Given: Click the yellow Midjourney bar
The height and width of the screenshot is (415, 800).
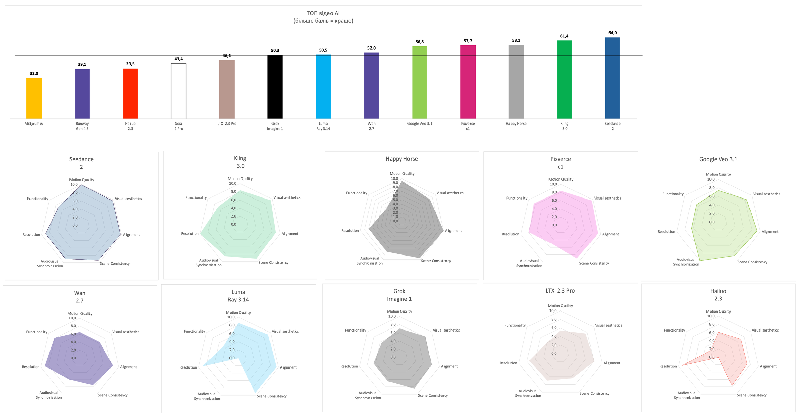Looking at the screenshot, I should [34, 98].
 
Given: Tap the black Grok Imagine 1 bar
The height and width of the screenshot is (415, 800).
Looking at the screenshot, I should [275, 87].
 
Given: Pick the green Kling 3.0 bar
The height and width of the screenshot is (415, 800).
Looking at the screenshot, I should [564, 79].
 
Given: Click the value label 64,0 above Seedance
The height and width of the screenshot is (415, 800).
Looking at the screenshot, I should [613, 33].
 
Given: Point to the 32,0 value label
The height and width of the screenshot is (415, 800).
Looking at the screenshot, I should [34, 74].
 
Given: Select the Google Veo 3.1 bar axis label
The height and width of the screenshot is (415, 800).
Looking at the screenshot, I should [420, 124].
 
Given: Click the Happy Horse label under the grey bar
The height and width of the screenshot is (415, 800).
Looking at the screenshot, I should [516, 124].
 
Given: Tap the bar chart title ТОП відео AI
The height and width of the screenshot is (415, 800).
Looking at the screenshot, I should [323, 13].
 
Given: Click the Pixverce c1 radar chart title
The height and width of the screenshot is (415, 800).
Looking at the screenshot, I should [560, 163].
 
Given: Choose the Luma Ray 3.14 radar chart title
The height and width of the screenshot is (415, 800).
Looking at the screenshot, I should [238, 296].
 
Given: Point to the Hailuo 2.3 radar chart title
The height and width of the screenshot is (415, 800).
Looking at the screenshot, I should [718, 295].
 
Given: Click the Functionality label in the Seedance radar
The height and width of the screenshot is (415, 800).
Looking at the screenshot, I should [38, 199].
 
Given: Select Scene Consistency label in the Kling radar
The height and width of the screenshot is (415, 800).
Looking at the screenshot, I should [273, 263].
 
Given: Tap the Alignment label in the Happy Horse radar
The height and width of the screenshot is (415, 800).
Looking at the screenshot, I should [453, 231].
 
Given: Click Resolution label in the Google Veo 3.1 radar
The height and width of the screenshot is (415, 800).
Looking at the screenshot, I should [666, 232].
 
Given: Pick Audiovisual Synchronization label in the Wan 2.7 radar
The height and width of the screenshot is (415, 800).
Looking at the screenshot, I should [49, 395].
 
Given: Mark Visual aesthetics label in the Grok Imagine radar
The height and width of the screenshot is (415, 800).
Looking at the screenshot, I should [446, 330].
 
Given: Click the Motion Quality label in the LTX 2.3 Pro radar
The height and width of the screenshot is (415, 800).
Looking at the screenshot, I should [560, 306].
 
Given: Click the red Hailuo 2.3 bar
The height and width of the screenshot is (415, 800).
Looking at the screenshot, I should [130, 94].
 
